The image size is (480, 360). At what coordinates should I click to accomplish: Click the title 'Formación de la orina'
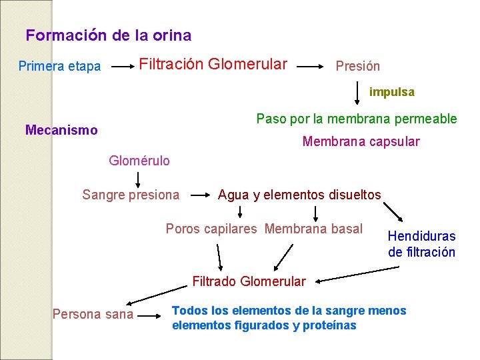tap(108, 35)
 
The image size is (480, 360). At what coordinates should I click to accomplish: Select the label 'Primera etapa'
tap(59, 66)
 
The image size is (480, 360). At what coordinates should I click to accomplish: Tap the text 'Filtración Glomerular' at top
tap(213, 64)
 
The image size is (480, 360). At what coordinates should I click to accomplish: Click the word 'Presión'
tap(357, 66)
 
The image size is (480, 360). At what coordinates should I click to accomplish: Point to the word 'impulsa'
tap(391, 92)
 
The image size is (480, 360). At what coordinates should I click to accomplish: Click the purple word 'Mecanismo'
tap(61, 130)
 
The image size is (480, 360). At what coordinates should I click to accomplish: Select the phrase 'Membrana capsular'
tap(361, 141)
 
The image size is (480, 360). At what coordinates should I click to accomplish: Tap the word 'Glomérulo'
tap(139, 161)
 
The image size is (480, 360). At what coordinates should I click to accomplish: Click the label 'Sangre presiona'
tap(131, 195)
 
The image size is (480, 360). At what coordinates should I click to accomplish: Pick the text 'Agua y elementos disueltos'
tap(299, 195)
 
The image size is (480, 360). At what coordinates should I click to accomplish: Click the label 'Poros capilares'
tap(211, 229)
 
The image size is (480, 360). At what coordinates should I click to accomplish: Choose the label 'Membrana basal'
tap(313, 229)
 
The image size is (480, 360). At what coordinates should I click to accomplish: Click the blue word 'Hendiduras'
tap(421, 236)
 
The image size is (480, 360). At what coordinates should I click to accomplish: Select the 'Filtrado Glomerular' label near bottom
tap(249, 281)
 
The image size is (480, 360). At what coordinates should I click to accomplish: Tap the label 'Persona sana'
tap(93, 314)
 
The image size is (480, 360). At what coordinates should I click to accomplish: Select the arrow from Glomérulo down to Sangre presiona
tap(139, 179)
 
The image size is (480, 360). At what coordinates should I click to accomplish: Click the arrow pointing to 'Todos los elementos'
tap(153, 313)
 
